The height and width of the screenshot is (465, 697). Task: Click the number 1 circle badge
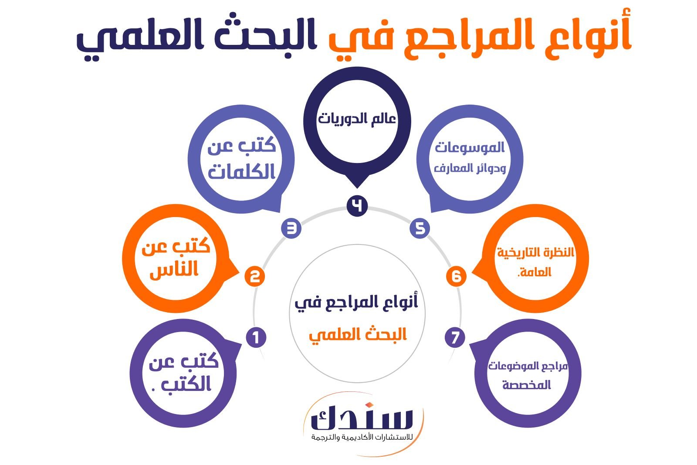pyautogui.click(x=256, y=337)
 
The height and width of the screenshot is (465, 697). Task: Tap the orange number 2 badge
pyautogui.click(x=254, y=276)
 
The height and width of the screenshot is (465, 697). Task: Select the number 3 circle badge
pyautogui.click(x=291, y=228)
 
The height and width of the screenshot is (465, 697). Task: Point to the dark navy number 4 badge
pyautogui.click(x=357, y=206)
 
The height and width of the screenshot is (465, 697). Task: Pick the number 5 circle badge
pyautogui.click(x=420, y=228)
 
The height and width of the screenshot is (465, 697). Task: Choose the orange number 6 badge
pyautogui.click(x=456, y=276)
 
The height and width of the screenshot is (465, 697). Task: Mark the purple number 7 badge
pyautogui.click(x=455, y=337)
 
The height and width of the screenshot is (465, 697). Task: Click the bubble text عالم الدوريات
pyautogui.click(x=357, y=119)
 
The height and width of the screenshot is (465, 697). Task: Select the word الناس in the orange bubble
pyautogui.click(x=174, y=269)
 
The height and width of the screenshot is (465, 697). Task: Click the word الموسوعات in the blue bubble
pyautogui.click(x=470, y=147)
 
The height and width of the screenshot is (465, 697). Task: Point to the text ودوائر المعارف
pyautogui.click(x=470, y=168)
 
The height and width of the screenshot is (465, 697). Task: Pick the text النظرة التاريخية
pyautogui.click(x=535, y=252)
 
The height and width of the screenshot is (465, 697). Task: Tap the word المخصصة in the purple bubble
pyautogui.click(x=527, y=385)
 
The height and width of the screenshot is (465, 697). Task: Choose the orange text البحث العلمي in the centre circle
pyautogui.click(x=358, y=335)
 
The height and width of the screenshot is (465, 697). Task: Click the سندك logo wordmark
pyautogui.click(x=362, y=416)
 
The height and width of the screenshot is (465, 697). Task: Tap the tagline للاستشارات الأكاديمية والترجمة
pyautogui.click(x=362, y=437)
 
